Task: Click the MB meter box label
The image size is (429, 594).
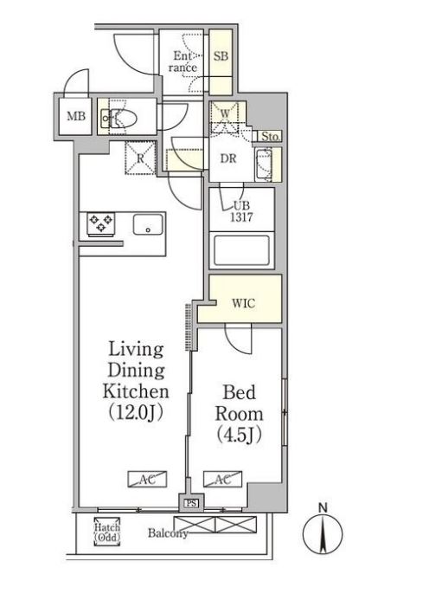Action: [76, 116]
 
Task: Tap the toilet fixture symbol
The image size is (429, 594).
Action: [118, 118]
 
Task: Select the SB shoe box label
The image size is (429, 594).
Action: [221, 56]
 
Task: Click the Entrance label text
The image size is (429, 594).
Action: [183, 61]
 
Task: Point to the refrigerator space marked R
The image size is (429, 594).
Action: [140, 158]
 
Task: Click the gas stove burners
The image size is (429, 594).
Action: [101, 224]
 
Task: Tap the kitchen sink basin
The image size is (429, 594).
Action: [148, 224]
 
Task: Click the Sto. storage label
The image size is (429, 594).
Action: [271, 137]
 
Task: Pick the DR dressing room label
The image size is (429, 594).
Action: [228, 158]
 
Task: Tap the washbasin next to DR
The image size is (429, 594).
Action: [264, 165]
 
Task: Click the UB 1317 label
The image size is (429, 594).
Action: [242, 211]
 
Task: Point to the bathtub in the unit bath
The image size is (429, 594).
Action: [242, 250]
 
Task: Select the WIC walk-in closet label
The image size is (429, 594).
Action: [243, 303]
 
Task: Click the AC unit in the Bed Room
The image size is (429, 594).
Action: [222, 479]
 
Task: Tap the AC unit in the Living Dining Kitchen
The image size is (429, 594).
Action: [147, 479]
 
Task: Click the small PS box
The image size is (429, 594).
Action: [191, 503]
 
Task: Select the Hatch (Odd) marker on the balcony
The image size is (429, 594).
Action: [107, 532]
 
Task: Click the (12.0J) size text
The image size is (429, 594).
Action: [136, 412]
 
